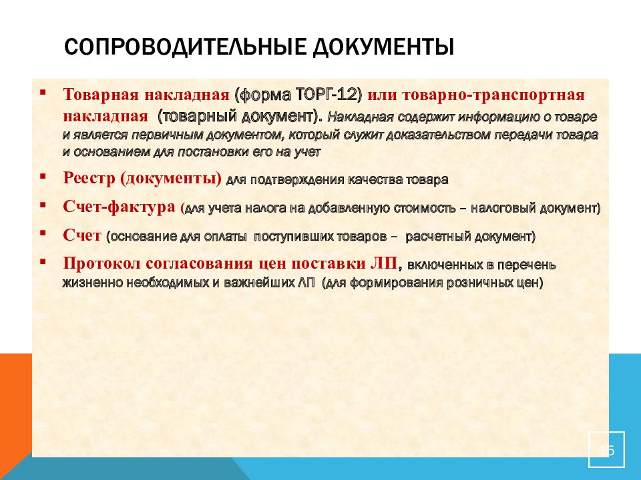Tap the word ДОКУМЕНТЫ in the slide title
point(384,47)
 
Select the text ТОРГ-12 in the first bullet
point(328,95)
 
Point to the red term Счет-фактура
point(119,207)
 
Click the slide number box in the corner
point(606,449)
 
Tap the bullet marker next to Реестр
point(43,177)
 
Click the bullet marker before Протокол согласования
point(43,261)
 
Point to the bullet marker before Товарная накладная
point(43,92)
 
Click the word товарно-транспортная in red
point(493,95)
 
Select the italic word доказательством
point(437,135)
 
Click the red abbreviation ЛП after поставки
point(383,263)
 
